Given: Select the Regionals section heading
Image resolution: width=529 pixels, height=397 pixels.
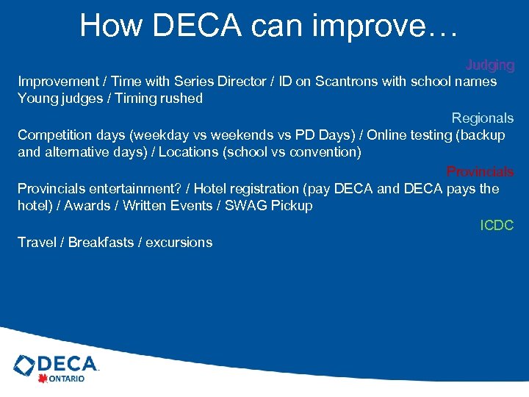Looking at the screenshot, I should point(482,118).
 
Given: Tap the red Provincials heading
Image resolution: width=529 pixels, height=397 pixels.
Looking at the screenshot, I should point(480,172).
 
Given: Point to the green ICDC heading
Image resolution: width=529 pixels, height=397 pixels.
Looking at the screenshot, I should point(497,226).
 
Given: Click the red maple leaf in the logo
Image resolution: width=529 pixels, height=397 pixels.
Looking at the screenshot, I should point(43,379).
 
